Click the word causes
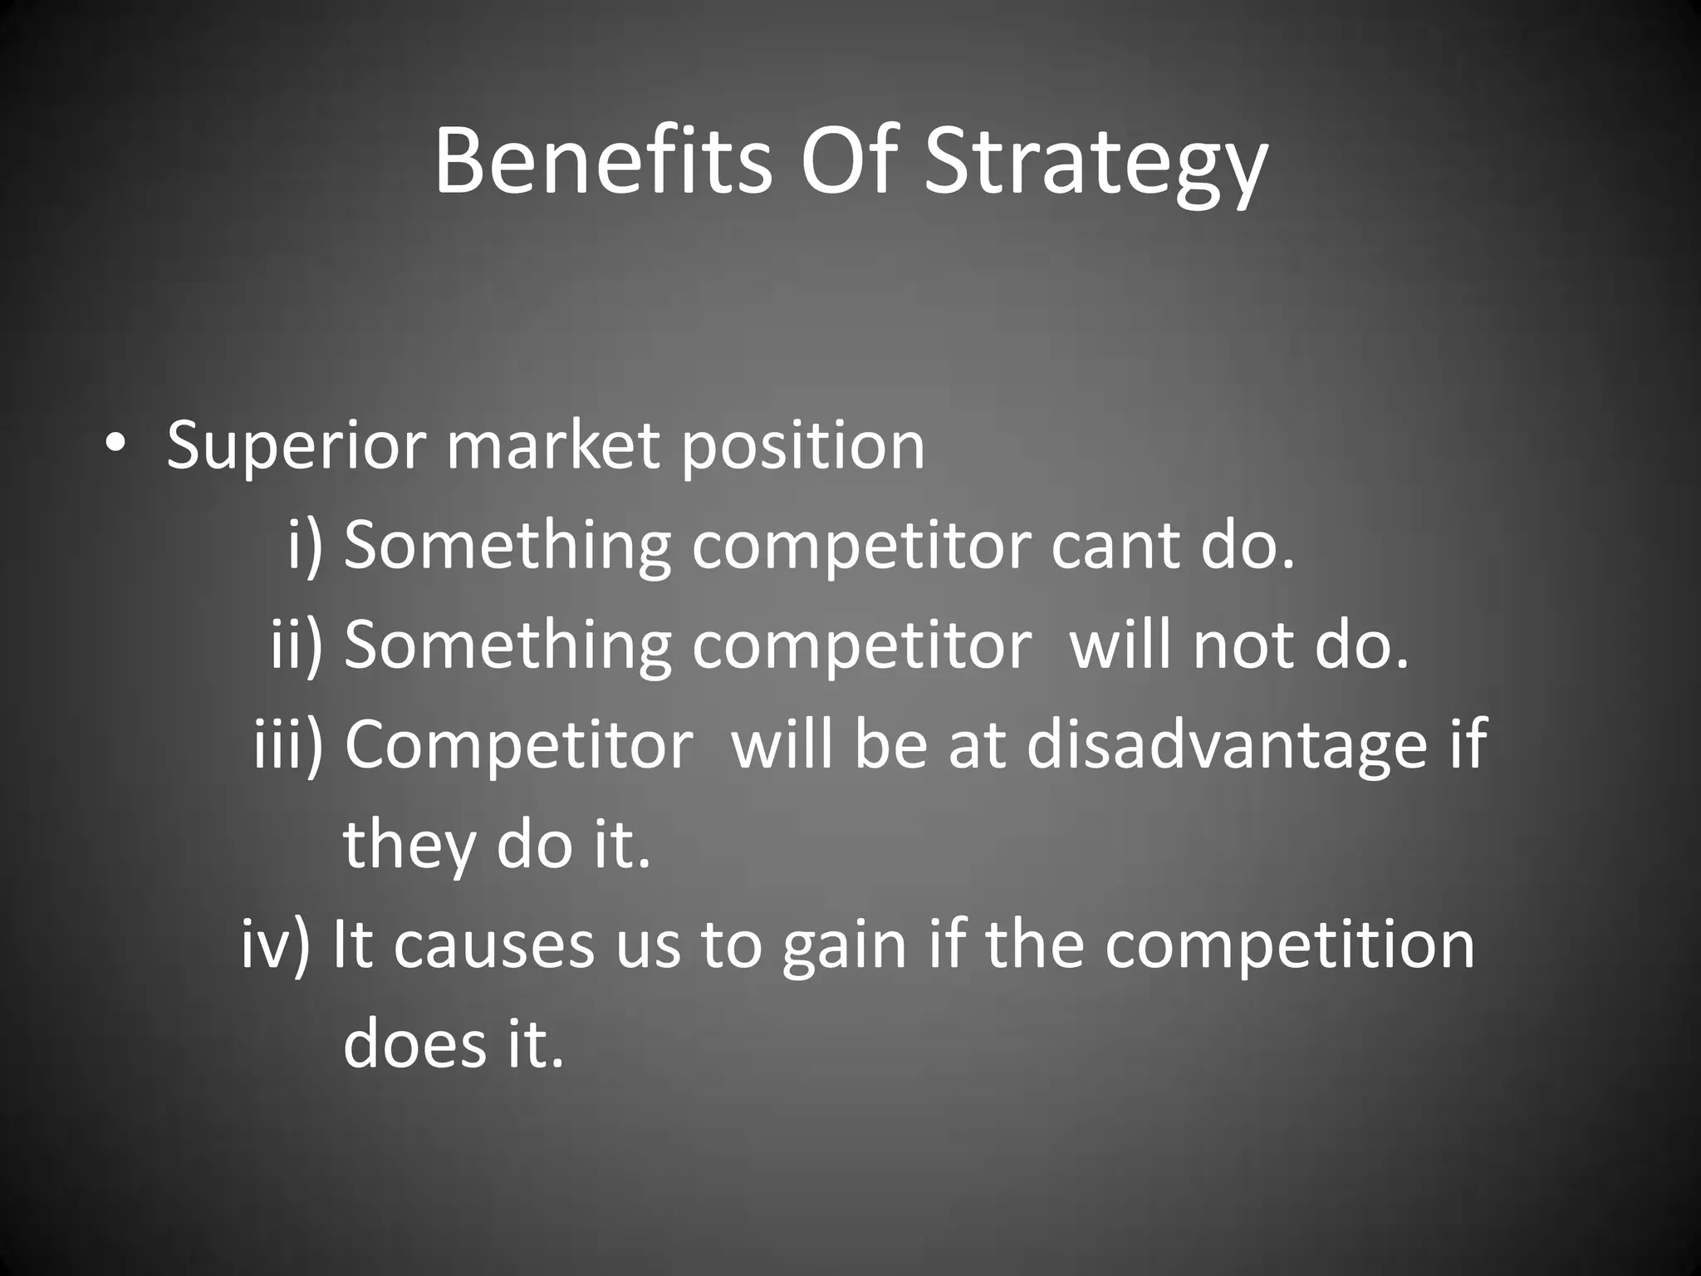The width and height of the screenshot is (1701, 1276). pos(494,945)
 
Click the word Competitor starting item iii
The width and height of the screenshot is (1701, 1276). pos(518,745)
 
